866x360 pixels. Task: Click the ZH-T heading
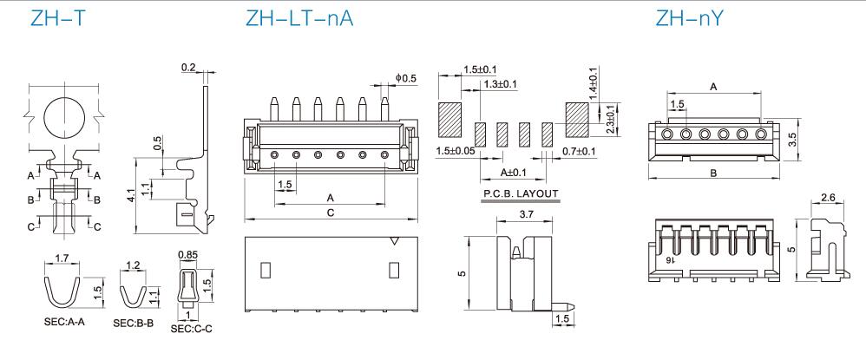tap(58, 18)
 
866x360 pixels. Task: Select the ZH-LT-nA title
tap(299, 18)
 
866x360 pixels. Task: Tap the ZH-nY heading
tap(689, 18)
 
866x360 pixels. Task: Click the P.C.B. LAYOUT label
tap(521, 193)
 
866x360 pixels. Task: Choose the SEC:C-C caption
tap(191, 329)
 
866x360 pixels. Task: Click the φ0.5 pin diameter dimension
tap(406, 78)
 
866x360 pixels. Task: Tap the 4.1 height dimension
tap(130, 195)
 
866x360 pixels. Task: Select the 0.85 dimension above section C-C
tap(188, 254)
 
